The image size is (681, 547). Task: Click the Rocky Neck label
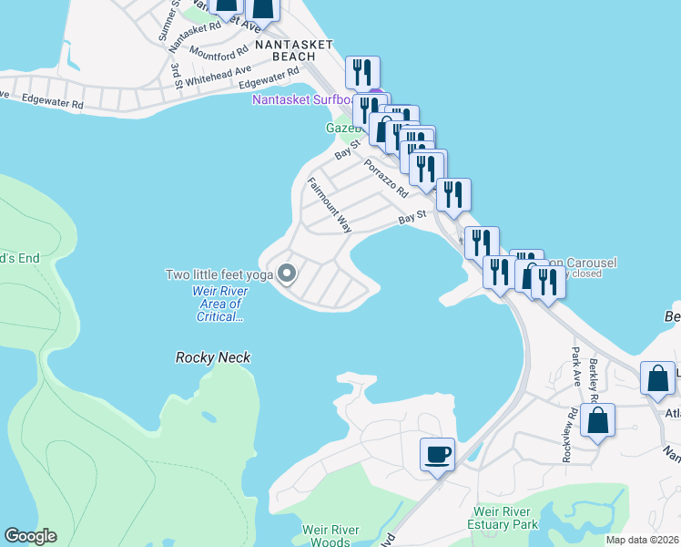point(213,358)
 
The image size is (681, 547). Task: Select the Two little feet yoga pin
point(288,273)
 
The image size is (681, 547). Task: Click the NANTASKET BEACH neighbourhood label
point(294,49)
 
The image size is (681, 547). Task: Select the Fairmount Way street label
point(329,204)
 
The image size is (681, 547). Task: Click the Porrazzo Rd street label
point(386,179)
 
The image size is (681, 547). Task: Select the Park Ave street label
point(574,366)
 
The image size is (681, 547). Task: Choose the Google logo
point(30,536)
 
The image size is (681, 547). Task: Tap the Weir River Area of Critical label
point(218,304)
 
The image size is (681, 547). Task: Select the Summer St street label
point(168,19)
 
